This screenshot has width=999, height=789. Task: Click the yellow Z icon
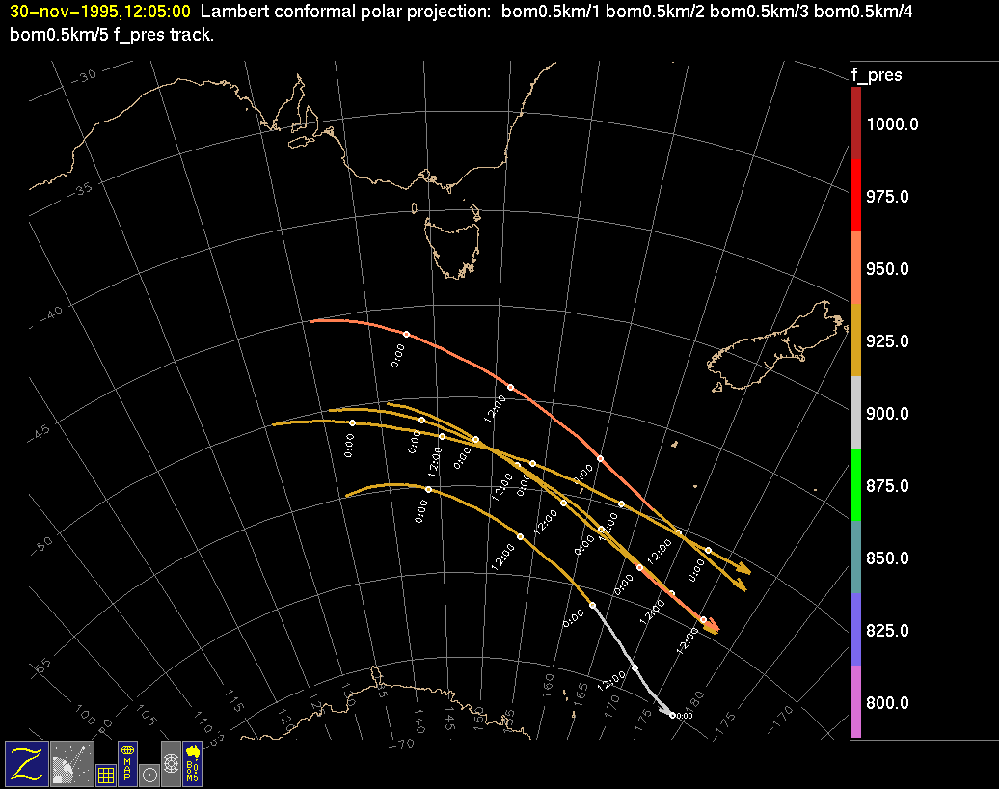tap(27, 763)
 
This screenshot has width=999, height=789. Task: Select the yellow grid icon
tap(106, 774)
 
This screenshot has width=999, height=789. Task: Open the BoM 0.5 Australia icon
tap(193, 763)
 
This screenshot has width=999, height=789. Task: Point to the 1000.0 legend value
tap(892, 124)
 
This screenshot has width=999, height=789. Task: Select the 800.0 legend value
tap(887, 703)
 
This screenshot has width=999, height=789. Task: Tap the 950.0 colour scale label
tap(887, 269)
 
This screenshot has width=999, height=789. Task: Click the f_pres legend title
tap(876, 75)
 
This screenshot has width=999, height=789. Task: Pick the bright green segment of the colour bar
tap(856, 484)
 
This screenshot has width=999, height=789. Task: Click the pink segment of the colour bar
tap(856, 701)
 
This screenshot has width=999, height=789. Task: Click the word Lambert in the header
tap(228, 13)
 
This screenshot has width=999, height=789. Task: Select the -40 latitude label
tap(48, 313)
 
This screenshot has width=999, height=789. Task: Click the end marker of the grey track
tap(672, 715)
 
